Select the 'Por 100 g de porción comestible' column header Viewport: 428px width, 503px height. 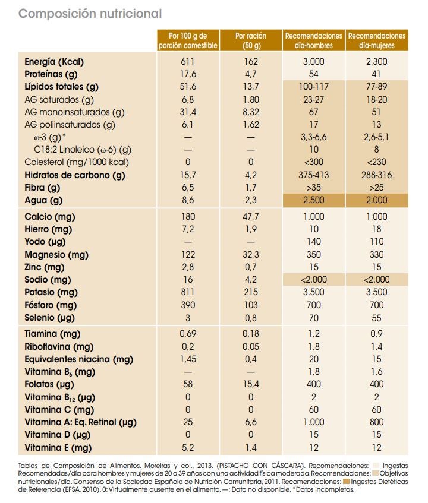188,40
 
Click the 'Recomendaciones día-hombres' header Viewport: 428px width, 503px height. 313,40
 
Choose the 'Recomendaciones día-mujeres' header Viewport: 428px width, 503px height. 377,40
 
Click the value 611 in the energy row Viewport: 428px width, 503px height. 188,61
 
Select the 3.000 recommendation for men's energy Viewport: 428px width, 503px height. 313,61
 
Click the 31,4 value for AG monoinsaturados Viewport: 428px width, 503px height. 188,112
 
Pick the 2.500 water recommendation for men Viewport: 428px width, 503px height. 313,201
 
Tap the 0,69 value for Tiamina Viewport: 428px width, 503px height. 188,334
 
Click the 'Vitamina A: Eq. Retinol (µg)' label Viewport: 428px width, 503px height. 81,422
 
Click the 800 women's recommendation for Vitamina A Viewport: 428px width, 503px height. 377,422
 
